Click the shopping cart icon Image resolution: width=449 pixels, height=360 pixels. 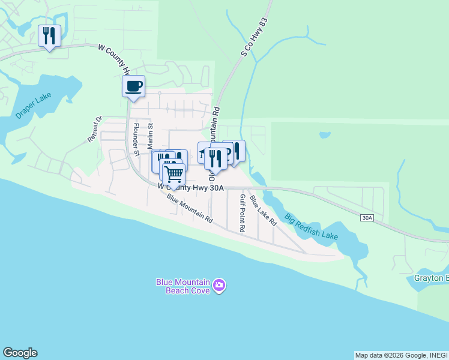coord(174,175)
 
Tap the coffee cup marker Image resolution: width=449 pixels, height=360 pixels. coord(133,86)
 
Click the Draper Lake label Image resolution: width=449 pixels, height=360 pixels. coord(34,105)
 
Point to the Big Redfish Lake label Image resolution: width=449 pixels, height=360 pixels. coord(311,226)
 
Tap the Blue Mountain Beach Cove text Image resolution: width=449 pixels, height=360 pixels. coord(182,286)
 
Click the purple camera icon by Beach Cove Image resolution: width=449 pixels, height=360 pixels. coord(220,286)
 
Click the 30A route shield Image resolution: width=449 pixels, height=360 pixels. coord(367,218)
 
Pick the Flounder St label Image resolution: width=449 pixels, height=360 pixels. coord(136,140)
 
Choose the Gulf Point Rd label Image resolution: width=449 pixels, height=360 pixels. coord(242,213)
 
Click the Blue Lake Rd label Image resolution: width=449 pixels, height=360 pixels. coord(262,210)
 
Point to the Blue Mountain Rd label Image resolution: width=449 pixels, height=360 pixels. coord(190,209)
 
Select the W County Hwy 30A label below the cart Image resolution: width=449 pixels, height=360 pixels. coord(190,188)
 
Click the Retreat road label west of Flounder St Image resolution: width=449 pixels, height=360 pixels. coord(95,129)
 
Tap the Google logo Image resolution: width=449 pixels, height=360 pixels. coord(20,353)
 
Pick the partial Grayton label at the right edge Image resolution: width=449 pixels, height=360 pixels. coord(431,278)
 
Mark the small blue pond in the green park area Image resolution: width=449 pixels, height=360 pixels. coord(325,135)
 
